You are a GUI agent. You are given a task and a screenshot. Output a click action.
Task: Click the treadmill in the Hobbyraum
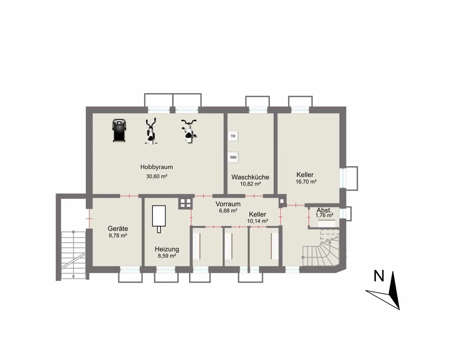pyautogui.click(x=119, y=130)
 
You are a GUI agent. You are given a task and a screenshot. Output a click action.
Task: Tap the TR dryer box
pyautogui.click(x=233, y=136)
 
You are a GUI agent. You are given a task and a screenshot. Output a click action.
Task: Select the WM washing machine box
pyautogui.click(x=233, y=157)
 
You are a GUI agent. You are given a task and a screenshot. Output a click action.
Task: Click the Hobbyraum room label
pyautogui.click(x=157, y=167)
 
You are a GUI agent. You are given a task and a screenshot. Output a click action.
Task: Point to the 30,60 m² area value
pyautogui.click(x=157, y=176)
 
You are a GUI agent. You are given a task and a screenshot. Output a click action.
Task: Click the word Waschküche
pyautogui.click(x=250, y=177)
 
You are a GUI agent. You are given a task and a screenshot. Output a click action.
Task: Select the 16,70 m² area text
pyautogui.click(x=306, y=182)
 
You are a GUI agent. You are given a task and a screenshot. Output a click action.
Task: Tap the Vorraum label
pyautogui.click(x=228, y=204)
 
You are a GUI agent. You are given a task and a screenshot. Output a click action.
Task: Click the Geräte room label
pyautogui.click(x=118, y=229)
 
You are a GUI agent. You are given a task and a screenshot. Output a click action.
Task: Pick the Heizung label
pyautogui.click(x=167, y=249)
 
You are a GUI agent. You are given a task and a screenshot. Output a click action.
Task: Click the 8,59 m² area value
pyautogui.click(x=167, y=256)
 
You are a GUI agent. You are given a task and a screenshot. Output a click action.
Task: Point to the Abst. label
pyautogui.click(x=324, y=210)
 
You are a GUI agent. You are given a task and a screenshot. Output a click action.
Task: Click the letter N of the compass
pyautogui.click(x=379, y=276)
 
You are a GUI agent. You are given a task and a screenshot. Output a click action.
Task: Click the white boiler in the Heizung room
pyautogui.click(x=159, y=219)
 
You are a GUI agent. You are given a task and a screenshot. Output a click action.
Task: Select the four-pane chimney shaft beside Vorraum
pyautogui.click(x=186, y=203)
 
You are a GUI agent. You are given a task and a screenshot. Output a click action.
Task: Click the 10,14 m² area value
pyautogui.click(x=257, y=221)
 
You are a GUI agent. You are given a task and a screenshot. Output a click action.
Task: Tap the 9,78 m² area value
pyautogui.click(x=118, y=235)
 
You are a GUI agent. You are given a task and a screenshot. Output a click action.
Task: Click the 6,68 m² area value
pyautogui.click(x=228, y=211)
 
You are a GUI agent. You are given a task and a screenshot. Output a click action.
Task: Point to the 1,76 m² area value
pyautogui.click(x=324, y=215)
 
